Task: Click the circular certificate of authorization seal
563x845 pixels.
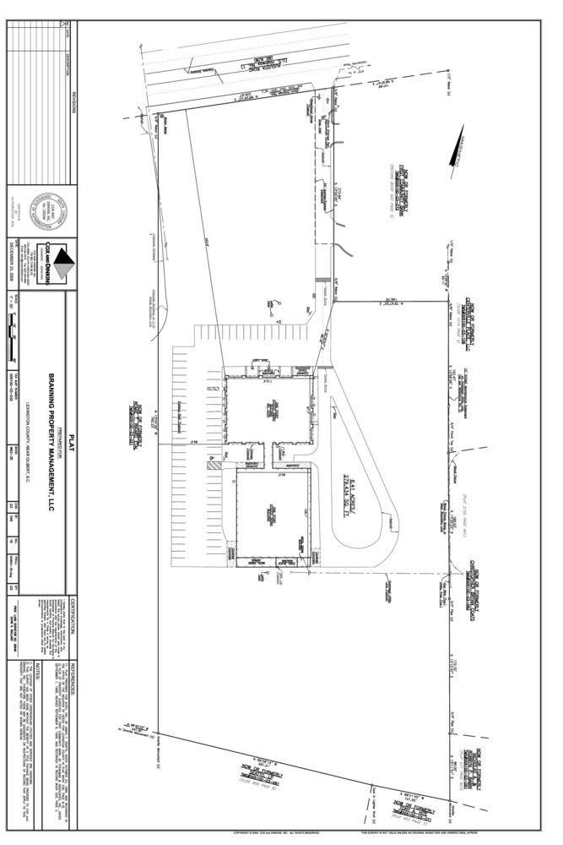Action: pos(41,208)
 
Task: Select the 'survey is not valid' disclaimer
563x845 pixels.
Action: pos(414,832)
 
